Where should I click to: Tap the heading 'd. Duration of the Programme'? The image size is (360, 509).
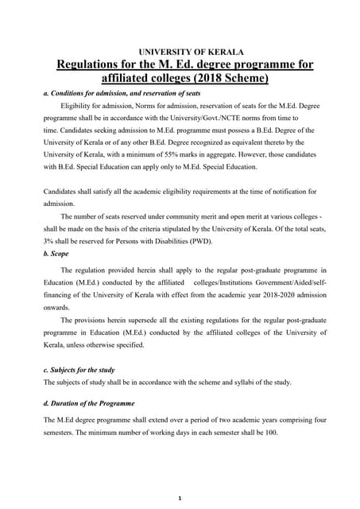coord(89,403)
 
